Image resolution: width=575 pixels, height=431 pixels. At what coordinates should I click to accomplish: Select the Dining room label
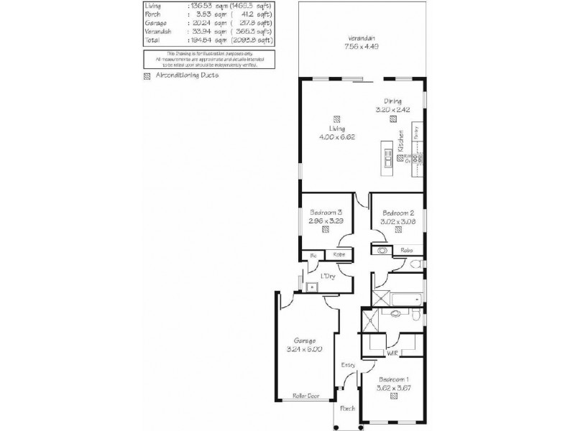coord(392,101)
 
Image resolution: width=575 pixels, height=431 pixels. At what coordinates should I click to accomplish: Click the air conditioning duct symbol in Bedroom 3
coord(326,231)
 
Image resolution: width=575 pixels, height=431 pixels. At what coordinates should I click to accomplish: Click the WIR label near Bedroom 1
coord(392,354)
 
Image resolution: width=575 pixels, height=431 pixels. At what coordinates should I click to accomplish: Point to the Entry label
coord(349,366)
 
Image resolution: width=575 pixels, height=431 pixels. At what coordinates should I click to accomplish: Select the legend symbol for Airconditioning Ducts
coord(147,75)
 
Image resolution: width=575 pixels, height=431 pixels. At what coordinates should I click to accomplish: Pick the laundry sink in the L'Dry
coord(310,289)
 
